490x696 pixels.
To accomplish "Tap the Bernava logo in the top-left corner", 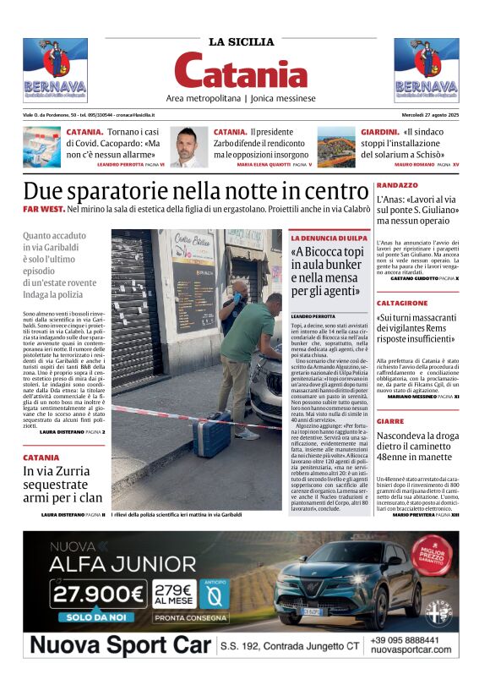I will click(55, 70).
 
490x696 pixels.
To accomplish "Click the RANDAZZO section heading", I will click(397, 184).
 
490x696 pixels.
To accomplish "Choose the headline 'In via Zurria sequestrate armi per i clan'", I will click(64, 485).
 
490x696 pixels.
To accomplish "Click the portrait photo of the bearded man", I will click(188, 147).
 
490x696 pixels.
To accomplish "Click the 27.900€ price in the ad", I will click(95, 596).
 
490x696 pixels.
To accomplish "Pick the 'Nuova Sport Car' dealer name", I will click(118, 647).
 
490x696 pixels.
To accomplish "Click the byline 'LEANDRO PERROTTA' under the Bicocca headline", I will click(313, 315).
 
